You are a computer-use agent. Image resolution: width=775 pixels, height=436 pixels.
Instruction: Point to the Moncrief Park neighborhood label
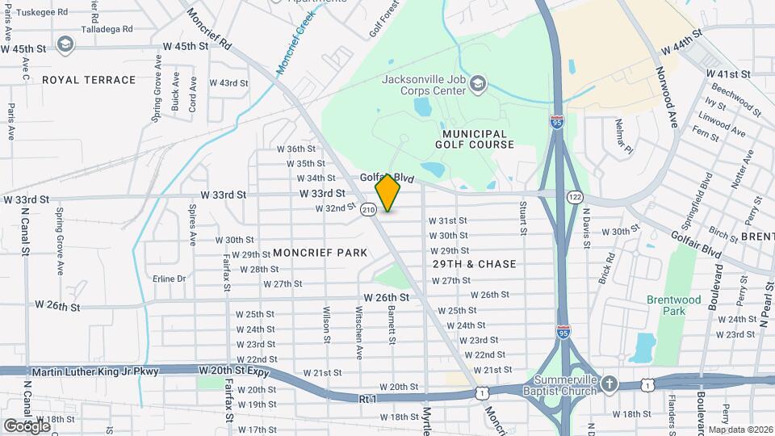coord(320,253)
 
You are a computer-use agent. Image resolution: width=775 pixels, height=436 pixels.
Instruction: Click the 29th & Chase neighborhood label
coord(474,264)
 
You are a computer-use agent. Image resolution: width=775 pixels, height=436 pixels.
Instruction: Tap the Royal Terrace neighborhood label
coord(89,80)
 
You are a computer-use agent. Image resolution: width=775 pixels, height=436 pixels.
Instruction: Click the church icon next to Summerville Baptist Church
coord(610,385)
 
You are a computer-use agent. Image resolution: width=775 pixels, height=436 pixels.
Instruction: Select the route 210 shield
coord(369,210)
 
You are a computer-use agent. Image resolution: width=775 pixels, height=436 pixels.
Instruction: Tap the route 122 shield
coord(575,197)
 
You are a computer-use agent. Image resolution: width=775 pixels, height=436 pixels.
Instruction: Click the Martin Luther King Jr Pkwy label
coord(95,371)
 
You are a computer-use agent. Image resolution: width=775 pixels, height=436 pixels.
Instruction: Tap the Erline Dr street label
coord(169,279)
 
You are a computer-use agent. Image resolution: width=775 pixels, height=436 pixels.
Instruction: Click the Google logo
coord(27,425)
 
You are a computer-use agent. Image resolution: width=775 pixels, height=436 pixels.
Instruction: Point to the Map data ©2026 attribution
coord(740,429)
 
